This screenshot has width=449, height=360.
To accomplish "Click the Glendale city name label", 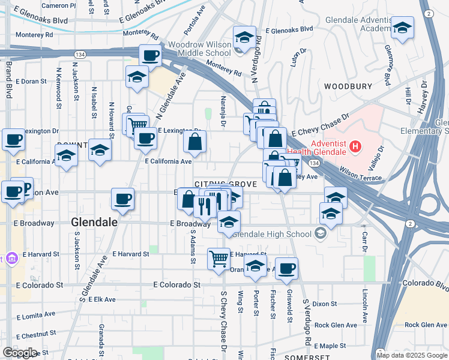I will tap(94, 222).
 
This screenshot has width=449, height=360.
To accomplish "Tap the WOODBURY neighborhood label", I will tap(348, 86).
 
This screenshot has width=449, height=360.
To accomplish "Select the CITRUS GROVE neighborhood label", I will tap(218, 184).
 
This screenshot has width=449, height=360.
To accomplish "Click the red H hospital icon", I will tap(356, 146).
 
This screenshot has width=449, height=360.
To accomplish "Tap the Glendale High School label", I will tap(274, 234).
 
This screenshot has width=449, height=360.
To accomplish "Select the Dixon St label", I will tap(325, 304).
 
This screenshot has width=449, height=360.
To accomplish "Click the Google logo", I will tap(20, 353).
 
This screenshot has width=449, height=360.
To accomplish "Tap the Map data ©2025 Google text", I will tap(411, 355).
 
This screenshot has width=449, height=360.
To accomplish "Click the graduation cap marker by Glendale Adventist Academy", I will tap(402, 28).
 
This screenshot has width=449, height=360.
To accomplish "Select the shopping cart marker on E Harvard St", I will tap(219, 259).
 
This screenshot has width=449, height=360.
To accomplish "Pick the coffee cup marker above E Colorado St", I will tap(287, 269).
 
